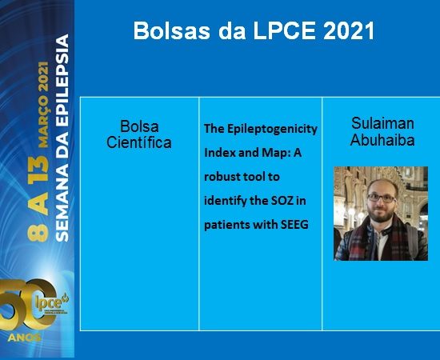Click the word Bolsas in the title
(x=172, y=30)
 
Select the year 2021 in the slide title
(x=349, y=30)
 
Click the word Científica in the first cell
(x=139, y=142)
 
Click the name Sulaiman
(x=382, y=123)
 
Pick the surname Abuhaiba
(x=382, y=139)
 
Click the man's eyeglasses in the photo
(x=382, y=198)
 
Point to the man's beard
(x=382, y=214)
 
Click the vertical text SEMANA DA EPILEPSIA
(x=62, y=138)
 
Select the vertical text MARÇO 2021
(x=43, y=104)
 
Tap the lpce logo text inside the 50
(x=49, y=302)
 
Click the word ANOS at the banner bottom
(x=25, y=338)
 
